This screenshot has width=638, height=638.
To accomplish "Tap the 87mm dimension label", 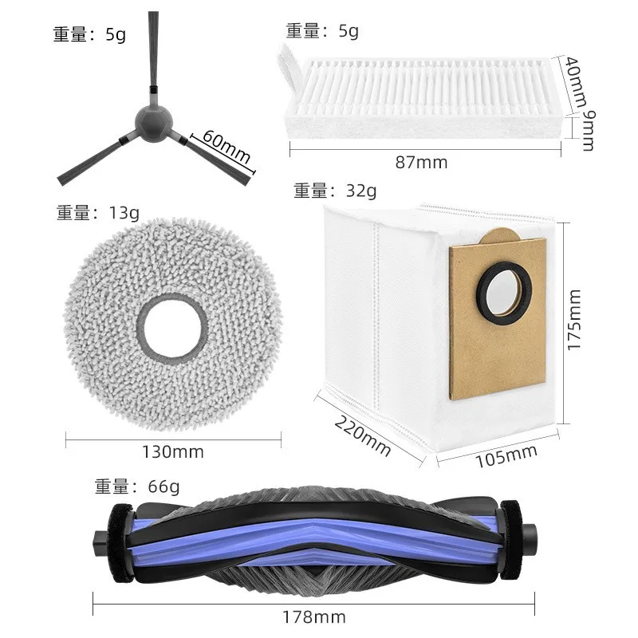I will click(421, 163).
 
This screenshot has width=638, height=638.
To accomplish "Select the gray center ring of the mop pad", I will click(171, 328).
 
